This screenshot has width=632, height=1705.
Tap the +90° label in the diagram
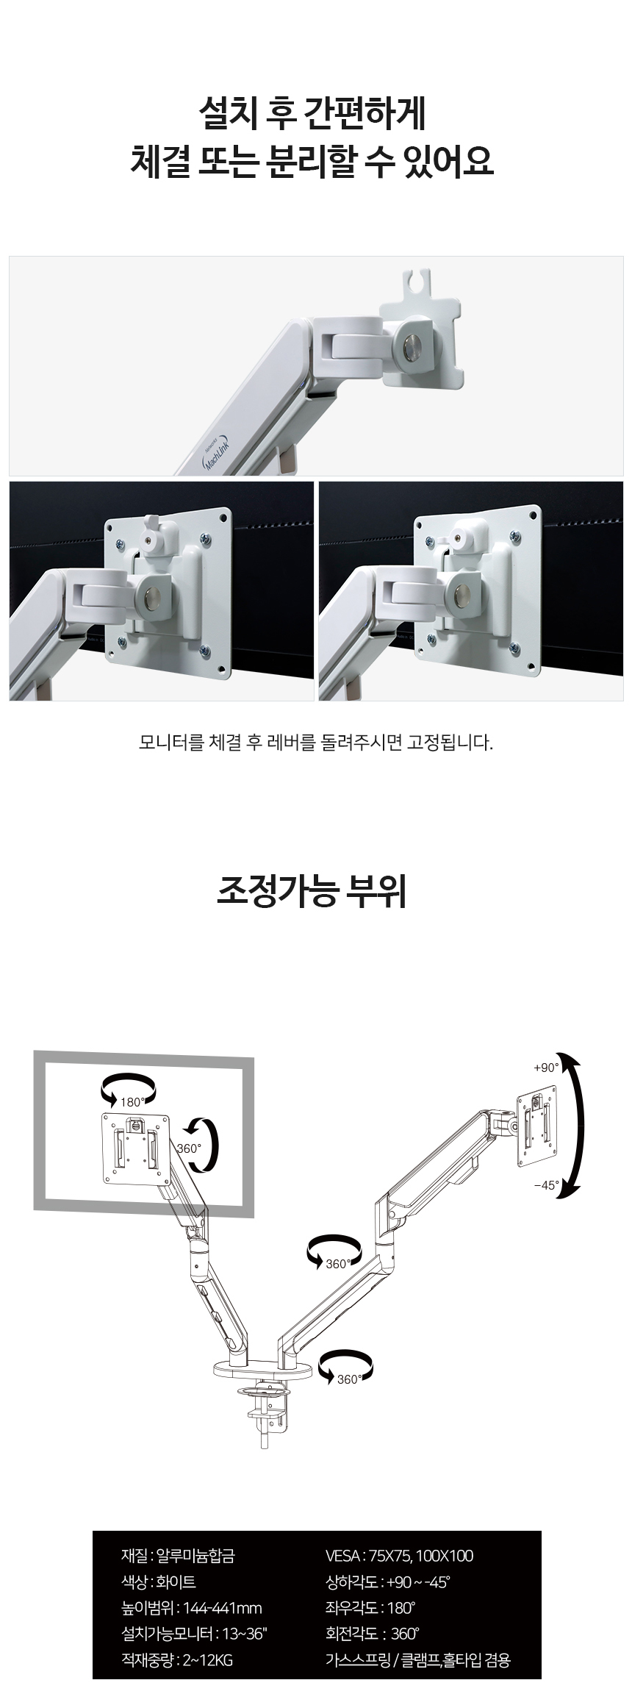click(546, 1067)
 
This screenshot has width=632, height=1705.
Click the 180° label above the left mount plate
click(133, 1101)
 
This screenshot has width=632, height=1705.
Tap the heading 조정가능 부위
click(312, 891)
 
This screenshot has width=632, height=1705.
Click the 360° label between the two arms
click(337, 1264)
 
